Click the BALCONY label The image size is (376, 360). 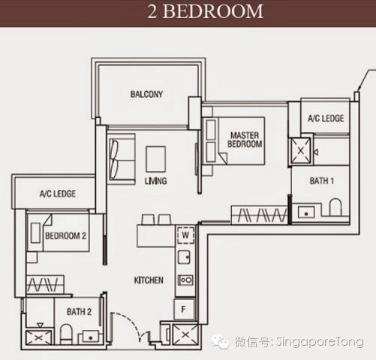tap(146, 94)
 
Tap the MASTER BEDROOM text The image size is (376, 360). tap(245, 139)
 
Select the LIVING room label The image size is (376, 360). tap(155, 181)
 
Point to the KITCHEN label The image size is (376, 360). tap(149, 280)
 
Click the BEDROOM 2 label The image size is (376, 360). tap(65, 235)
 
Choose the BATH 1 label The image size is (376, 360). tap(322, 181)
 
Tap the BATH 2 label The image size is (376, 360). tap(79, 312)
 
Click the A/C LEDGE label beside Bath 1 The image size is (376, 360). tap(326, 118)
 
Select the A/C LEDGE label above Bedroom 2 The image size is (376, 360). tap(58, 193)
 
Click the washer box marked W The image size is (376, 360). tap(185, 235)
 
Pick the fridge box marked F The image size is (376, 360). tap(184, 309)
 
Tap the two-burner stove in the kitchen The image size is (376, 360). tap(185, 280)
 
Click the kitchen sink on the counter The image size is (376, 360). tap(184, 257)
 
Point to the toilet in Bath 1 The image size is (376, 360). tap(335, 207)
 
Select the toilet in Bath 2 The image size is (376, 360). tap(66, 334)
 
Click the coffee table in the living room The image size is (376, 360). tap(155, 159)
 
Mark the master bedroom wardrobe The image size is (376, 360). tap(259, 214)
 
